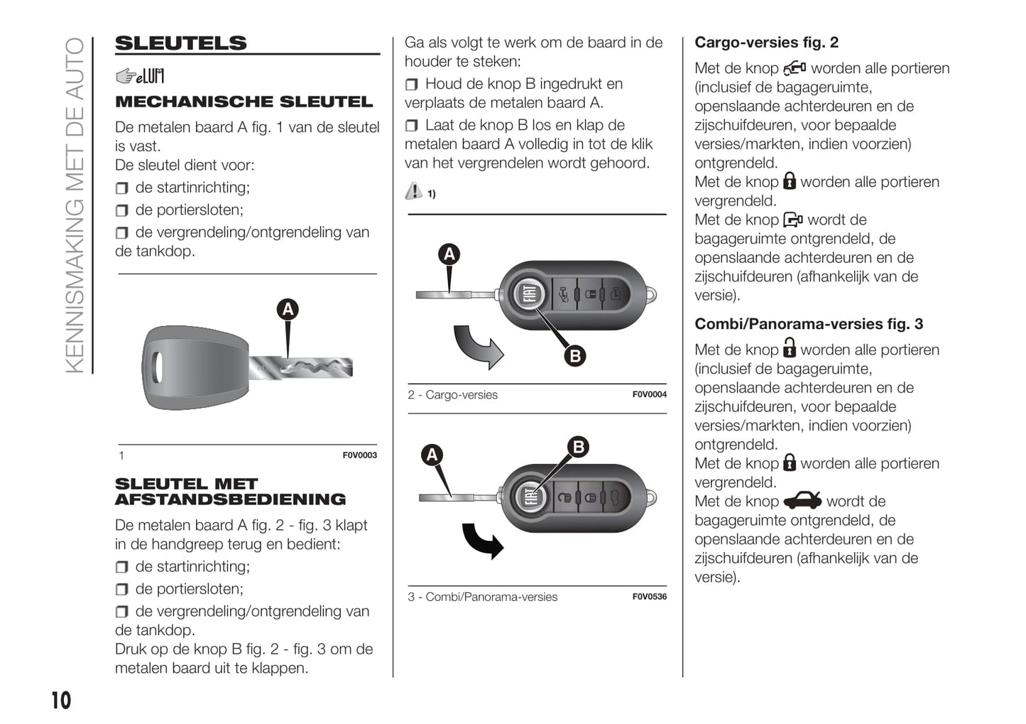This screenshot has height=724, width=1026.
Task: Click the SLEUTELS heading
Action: [x=181, y=43]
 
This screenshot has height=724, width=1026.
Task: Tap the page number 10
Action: [x=61, y=701]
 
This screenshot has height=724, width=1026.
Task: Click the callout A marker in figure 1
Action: [x=288, y=309]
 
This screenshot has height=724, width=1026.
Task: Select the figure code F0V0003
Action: [x=359, y=455]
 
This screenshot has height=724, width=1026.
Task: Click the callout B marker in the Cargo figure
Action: [x=575, y=355]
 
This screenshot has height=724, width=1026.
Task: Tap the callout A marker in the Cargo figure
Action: [x=449, y=254]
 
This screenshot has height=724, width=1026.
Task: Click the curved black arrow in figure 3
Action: [x=483, y=541]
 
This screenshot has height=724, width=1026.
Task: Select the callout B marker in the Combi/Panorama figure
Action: [x=579, y=447]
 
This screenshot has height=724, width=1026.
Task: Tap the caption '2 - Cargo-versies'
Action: [x=452, y=395]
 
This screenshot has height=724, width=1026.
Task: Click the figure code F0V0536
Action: [x=649, y=597]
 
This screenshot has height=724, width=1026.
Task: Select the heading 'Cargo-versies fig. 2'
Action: [x=766, y=43]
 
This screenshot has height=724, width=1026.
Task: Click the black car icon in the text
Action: [x=802, y=500]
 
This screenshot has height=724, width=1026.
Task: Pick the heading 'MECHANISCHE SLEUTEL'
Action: [x=244, y=102]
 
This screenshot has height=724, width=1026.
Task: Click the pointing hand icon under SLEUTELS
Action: [x=126, y=76]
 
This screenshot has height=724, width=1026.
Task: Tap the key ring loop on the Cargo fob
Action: [x=650, y=294]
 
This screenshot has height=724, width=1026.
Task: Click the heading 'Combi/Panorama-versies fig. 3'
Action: [x=808, y=324]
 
